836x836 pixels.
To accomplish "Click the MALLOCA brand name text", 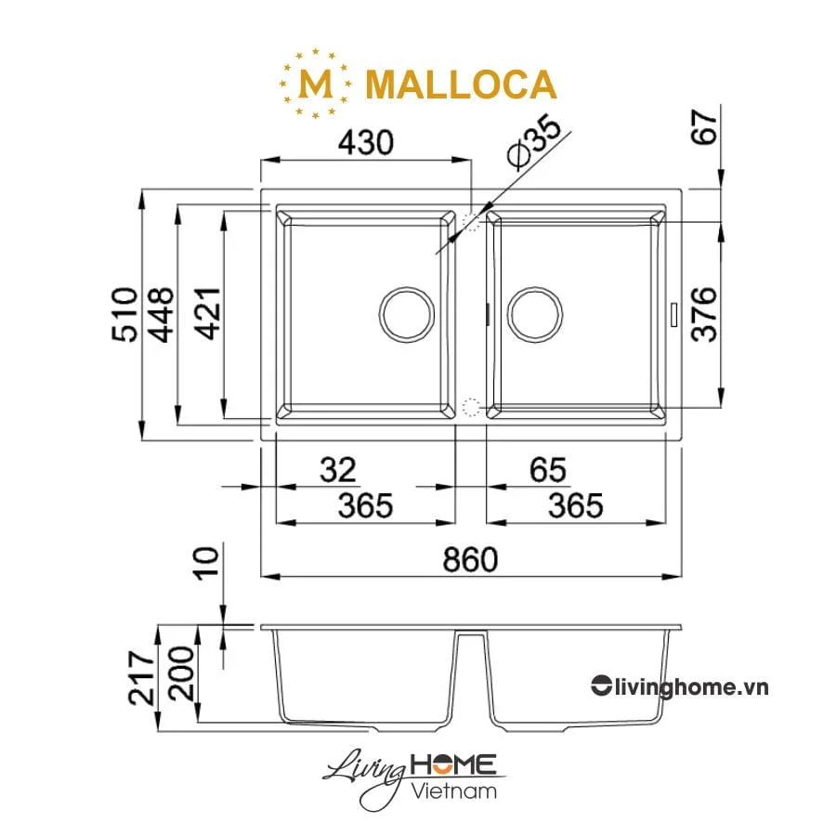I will (x=461, y=85).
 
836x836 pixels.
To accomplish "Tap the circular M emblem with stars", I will (x=316, y=84).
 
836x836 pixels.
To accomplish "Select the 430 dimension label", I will (x=365, y=143).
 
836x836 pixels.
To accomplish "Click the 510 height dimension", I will (x=124, y=316).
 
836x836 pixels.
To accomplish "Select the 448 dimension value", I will (x=163, y=316).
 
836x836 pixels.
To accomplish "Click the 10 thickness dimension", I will (x=209, y=563).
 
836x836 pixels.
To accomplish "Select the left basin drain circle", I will (x=406, y=311).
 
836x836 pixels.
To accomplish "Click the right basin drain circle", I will (x=533, y=311).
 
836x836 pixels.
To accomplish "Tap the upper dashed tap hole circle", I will (x=471, y=220).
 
